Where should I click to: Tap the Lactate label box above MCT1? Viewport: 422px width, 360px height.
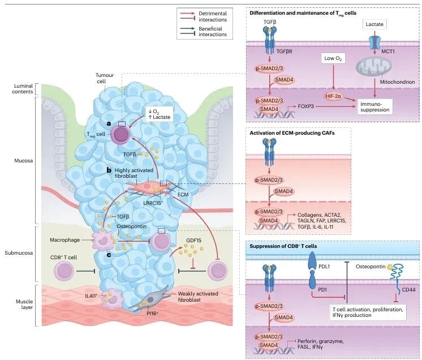point(375,25)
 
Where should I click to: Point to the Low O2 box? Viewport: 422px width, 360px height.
point(334,59)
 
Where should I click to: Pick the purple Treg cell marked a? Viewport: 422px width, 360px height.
point(120,135)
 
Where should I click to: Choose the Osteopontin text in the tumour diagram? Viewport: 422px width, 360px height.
point(132,226)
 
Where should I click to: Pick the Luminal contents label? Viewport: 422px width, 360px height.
point(18,89)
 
